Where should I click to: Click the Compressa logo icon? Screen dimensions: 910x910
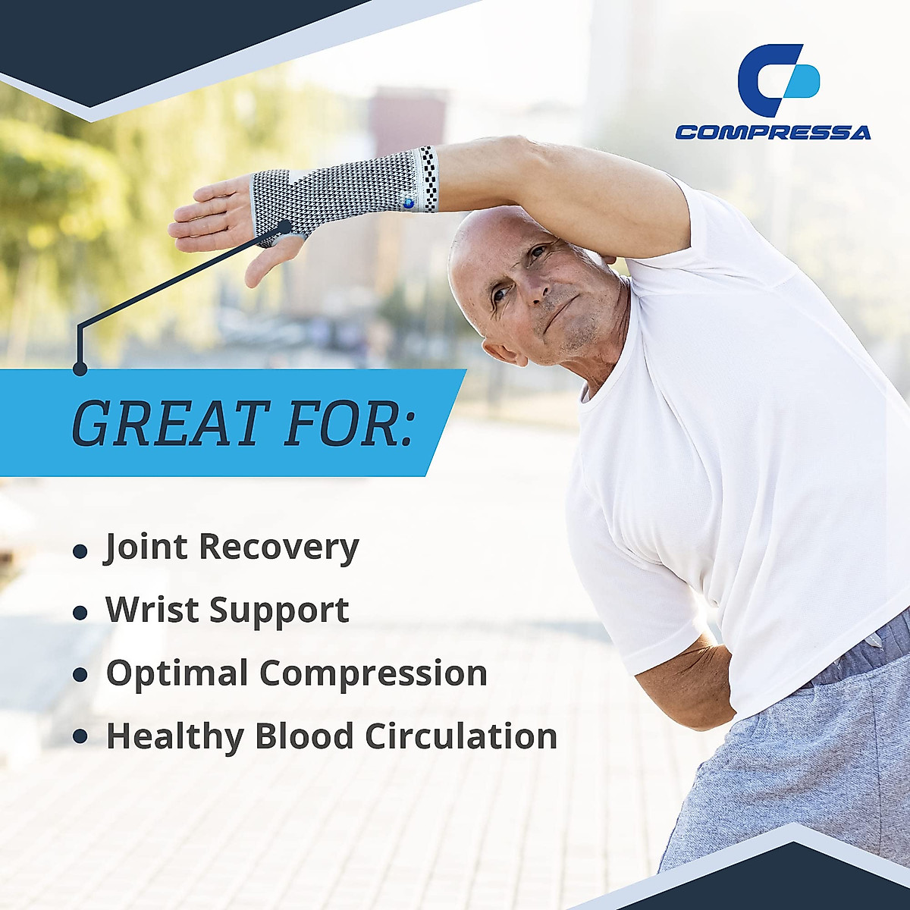click(x=778, y=80)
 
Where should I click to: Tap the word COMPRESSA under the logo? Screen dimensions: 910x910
click(x=773, y=133)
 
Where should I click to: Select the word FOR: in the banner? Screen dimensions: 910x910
click(x=350, y=422)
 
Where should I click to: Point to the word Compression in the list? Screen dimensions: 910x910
click(x=373, y=674)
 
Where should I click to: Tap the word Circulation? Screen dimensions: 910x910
click(x=461, y=736)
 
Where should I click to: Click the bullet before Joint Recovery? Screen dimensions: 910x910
click(x=80, y=551)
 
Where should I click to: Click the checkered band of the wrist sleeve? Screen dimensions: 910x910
click(x=428, y=179)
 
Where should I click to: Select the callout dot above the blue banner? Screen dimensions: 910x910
click(x=80, y=369)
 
